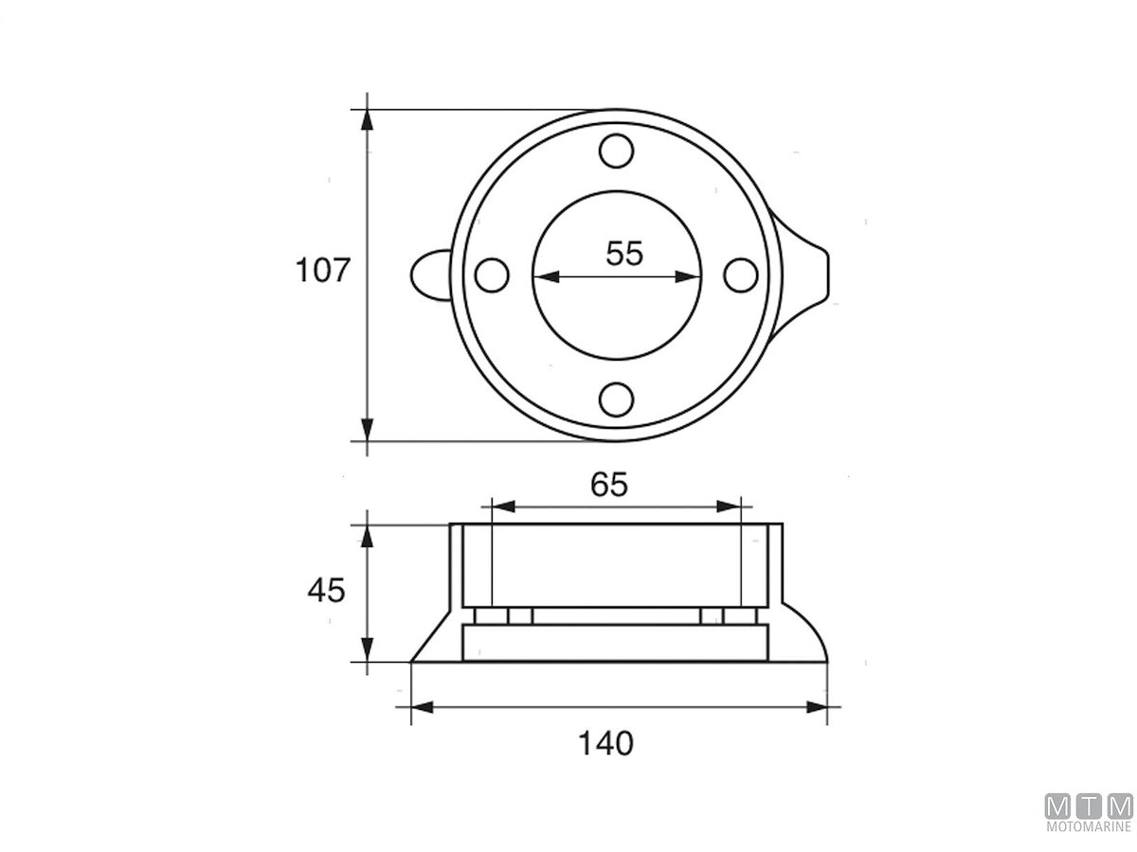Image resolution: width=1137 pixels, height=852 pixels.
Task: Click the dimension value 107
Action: tap(323, 270)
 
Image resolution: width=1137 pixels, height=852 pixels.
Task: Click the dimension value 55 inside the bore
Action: tap(623, 254)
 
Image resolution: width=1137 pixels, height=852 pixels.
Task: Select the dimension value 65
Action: tap(608, 485)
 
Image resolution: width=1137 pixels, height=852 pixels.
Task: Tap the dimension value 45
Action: tap(326, 590)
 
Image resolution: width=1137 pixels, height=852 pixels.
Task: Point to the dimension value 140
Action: tap(605, 743)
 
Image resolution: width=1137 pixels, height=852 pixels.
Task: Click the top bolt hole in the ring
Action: tap(616, 151)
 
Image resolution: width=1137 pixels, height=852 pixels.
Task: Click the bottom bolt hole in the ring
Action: tap(616, 399)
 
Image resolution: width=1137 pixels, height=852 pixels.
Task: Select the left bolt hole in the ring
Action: tap(492, 275)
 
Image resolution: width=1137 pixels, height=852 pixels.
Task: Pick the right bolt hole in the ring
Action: tap(741, 275)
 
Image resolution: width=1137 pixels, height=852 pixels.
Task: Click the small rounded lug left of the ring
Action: tap(429, 275)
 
